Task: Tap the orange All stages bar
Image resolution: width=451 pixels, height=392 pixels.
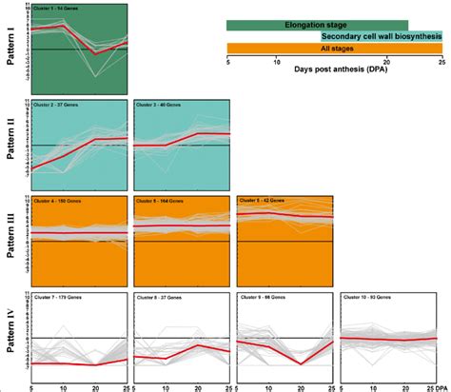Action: pos(334,48)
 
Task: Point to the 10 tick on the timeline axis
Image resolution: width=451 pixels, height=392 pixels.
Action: pos(276,60)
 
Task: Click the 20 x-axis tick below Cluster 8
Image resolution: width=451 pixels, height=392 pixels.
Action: pos(197,386)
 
